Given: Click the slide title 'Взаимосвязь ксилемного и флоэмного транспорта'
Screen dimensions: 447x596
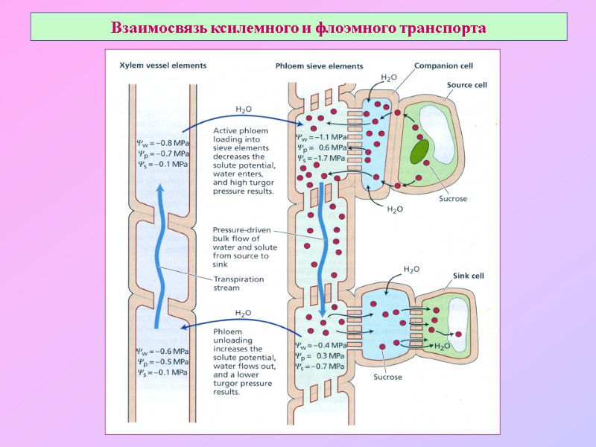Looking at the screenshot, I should pos(298,28).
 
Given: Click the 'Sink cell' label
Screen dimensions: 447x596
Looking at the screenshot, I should pos(469,275).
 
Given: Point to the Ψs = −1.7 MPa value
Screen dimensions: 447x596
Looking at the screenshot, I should pos(321,158).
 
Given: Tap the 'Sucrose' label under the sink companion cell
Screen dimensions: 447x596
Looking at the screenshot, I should pos(387,377).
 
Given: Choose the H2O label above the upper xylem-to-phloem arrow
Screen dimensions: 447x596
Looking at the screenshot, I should pos(244,109).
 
